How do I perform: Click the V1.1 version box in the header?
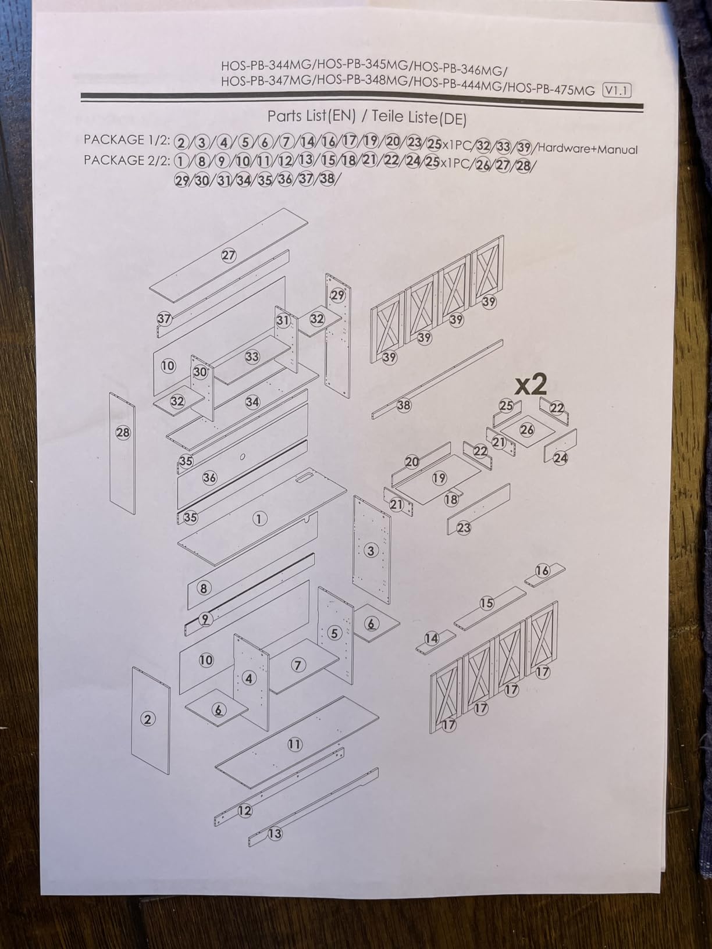point(617,91)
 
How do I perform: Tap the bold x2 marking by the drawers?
point(531,384)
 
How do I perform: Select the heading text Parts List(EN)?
point(311,116)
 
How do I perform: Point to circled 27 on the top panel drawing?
point(229,255)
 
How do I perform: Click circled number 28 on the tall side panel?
point(123,433)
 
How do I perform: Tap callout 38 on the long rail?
point(404,405)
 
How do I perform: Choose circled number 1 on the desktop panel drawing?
point(259,519)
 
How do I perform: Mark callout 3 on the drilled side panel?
point(371,551)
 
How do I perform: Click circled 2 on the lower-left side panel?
point(148,719)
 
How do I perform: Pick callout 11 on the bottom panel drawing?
point(295,744)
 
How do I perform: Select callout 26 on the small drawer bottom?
point(527,430)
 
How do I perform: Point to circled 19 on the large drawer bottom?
point(439,478)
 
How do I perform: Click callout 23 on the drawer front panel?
point(464,528)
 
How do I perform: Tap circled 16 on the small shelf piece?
point(542,571)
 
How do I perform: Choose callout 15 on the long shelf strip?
point(487,603)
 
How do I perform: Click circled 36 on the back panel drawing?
point(209,478)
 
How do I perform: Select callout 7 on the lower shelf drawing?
point(298,665)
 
